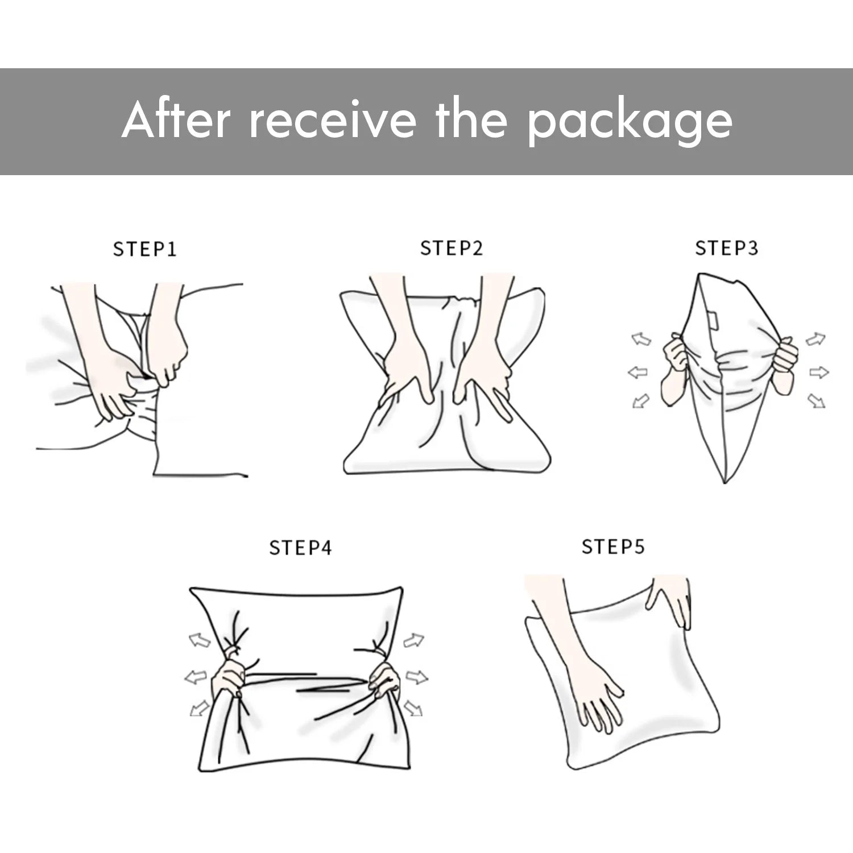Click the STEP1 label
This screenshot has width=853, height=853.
(145, 249)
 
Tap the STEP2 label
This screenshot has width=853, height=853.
(452, 248)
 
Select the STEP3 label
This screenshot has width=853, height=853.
(727, 248)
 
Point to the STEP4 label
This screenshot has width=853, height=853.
(300, 548)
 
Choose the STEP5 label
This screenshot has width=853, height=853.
(613, 546)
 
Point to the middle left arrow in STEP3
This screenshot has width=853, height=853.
(637, 373)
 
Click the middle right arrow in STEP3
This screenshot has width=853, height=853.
(819, 373)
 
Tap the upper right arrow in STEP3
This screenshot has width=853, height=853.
(816, 339)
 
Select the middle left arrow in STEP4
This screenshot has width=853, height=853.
(195, 677)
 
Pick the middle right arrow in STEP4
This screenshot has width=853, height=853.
(416, 677)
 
